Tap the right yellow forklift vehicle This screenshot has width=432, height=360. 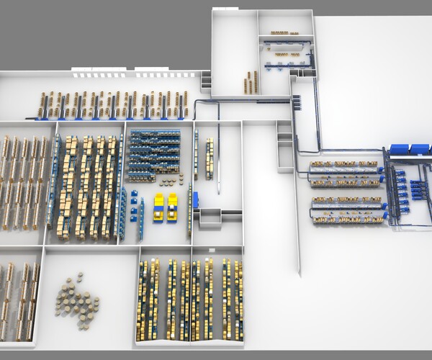point(174,207)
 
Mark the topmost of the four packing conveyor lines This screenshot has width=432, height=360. point(343,166)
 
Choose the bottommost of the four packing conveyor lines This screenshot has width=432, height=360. point(346,217)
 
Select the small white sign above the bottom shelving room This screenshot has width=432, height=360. point(211,249)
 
